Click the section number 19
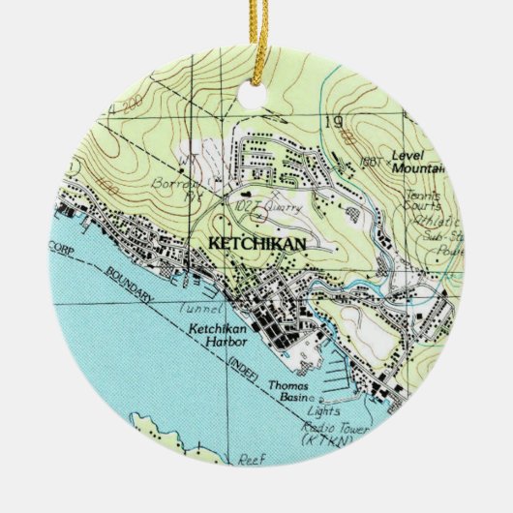click(x=335, y=122)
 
